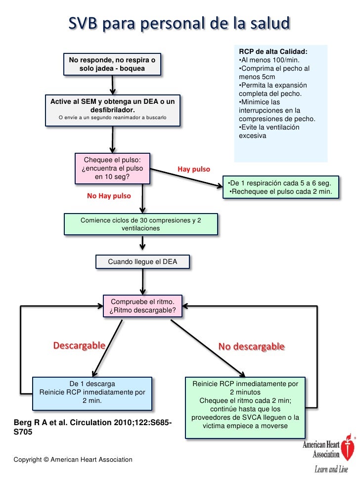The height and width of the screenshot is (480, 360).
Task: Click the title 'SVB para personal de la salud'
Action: [179, 23]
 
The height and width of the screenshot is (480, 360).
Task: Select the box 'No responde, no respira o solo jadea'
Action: [112, 64]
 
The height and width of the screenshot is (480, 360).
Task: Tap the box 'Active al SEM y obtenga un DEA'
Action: [113, 111]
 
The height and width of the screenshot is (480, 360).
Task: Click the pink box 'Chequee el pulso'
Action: [112, 169]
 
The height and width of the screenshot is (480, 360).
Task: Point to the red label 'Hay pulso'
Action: [194, 169]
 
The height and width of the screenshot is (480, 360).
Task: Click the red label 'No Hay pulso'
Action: [109, 196]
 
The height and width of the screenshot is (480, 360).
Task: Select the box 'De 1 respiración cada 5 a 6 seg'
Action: [281, 187]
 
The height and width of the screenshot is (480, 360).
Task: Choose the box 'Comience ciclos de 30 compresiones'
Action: [141, 224]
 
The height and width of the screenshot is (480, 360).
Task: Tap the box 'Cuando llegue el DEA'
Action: [142, 262]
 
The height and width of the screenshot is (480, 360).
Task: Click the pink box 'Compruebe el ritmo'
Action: [142, 306]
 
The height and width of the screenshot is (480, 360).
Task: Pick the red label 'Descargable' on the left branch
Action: [79, 346]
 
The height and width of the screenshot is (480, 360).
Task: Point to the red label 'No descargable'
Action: [252, 347]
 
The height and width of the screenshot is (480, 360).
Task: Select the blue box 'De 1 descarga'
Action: [92, 393]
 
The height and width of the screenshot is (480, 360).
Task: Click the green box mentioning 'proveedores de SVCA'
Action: [245, 408]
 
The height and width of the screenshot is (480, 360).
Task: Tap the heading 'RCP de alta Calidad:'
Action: [273, 51]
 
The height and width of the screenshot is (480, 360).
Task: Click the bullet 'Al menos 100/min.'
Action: [269, 60]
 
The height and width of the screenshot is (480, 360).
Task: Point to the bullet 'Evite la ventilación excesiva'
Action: [269, 131]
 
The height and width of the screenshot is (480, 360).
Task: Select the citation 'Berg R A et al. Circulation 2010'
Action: [93, 427]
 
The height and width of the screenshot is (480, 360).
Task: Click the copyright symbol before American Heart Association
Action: [46, 460]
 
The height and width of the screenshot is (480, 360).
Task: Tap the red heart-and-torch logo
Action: [348, 447]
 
